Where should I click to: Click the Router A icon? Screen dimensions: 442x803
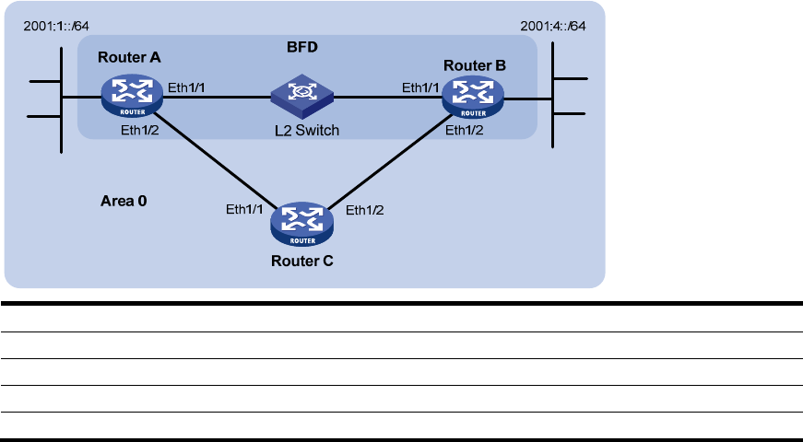(x=129, y=95)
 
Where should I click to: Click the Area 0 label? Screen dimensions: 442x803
(x=124, y=200)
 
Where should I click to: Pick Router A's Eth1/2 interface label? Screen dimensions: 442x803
(x=140, y=132)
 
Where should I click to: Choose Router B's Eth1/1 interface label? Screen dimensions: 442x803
(x=419, y=88)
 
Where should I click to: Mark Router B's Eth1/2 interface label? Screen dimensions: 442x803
(x=463, y=131)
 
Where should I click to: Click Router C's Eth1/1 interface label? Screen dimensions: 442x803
(x=245, y=210)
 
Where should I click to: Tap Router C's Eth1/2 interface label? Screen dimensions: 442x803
(x=364, y=210)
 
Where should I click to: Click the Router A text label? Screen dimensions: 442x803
(x=130, y=57)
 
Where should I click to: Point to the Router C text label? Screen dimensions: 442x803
(x=302, y=261)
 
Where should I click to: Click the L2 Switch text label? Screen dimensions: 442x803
(x=304, y=131)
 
